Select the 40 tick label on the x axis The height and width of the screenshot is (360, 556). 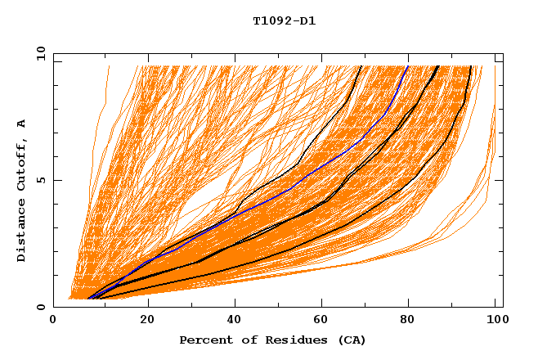click(x=236, y=321)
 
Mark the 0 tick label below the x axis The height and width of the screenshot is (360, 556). click(x=53, y=321)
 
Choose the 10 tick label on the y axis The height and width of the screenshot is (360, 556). click(x=40, y=53)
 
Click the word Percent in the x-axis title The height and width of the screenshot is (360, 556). click(x=203, y=340)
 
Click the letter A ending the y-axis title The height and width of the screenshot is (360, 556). click(x=22, y=124)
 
